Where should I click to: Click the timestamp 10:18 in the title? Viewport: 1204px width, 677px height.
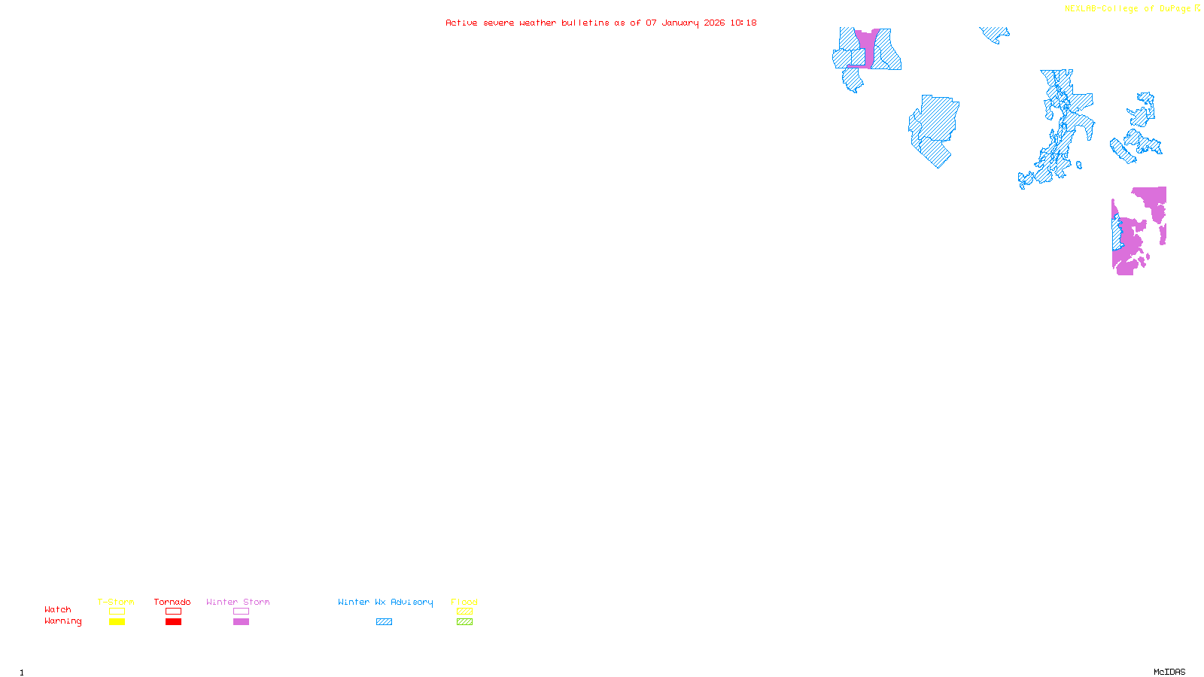743,23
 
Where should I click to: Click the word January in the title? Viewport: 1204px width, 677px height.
680,23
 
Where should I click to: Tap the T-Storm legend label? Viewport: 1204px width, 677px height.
116,602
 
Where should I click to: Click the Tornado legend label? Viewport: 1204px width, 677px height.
172,602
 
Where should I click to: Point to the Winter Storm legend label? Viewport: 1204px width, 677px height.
238,602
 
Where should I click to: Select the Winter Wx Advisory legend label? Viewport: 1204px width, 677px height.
385,602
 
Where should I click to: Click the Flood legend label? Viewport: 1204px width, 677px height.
464,602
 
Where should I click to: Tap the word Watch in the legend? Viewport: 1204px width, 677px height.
58,609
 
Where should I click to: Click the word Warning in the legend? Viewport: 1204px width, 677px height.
62,621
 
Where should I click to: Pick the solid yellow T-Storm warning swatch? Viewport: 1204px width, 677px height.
117,622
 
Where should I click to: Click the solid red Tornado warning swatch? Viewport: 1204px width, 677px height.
173,622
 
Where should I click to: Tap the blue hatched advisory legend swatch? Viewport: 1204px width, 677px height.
384,622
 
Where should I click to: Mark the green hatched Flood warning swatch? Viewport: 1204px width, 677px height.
464,622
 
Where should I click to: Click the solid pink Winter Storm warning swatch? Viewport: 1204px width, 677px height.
241,622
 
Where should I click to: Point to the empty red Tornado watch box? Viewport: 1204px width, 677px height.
173,612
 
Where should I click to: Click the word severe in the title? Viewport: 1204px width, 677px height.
498,23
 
